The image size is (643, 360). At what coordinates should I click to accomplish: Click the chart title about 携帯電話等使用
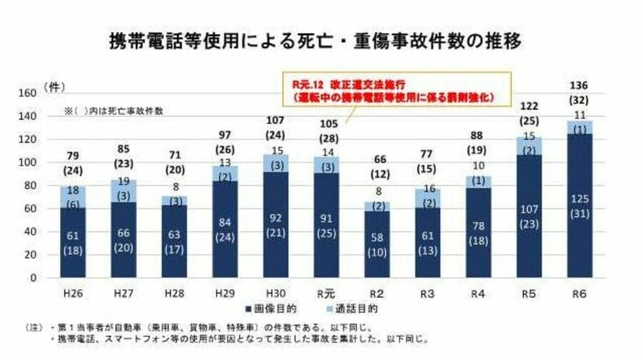click(321, 40)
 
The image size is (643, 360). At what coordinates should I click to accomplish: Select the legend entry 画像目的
click(274, 309)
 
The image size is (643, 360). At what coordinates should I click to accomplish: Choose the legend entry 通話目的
click(347, 309)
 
